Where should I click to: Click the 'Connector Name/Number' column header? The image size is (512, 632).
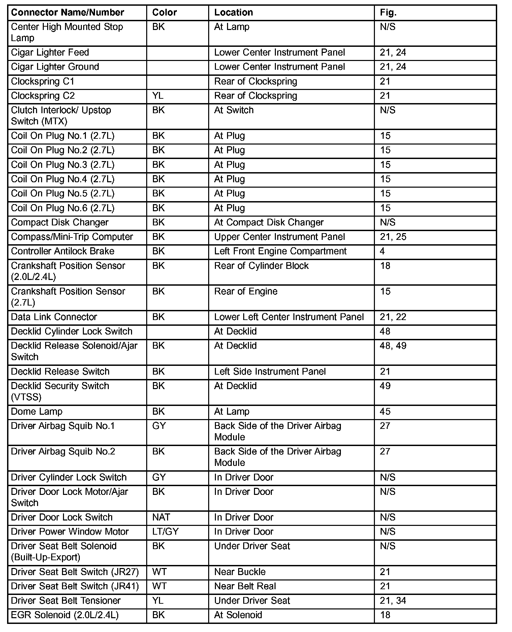pyautogui.click(x=67, y=12)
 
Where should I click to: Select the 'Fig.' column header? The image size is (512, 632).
pyautogui.click(x=388, y=12)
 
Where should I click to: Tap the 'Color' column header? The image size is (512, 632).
pyautogui.click(x=164, y=12)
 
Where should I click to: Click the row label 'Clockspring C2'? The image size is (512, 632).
pyautogui.click(x=43, y=96)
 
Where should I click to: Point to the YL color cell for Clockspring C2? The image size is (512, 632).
pyautogui.click(x=158, y=96)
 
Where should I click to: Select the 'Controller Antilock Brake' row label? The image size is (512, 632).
pyautogui.click(x=63, y=251)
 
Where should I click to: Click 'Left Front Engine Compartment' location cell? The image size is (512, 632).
pyautogui.click(x=280, y=251)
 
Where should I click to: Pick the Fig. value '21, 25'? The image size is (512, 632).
pyautogui.click(x=393, y=237)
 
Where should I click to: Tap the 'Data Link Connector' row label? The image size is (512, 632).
pyautogui.click(x=54, y=317)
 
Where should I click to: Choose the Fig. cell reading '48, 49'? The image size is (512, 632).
pyautogui.click(x=393, y=346)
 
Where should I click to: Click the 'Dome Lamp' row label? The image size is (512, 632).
pyautogui.click(x=37, y=411)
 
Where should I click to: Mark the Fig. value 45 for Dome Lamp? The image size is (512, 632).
pyautogui.click(x=385, y=411)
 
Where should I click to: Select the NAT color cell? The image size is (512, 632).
pyautogui.click(x=161, y=517)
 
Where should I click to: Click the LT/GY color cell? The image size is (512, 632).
pyautogui.click(x=165, y=532)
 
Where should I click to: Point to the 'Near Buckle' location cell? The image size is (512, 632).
pyautogui.click(x=240, y=572)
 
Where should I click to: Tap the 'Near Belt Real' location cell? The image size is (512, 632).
pyautogui.click(x=245, y=586)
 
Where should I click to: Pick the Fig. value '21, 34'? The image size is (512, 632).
pyautogui.click(x=393, y=600)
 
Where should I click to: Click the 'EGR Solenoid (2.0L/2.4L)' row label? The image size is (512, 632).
pyautogui.click(x=65, y=615)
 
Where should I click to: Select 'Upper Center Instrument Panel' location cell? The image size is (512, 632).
pyautogui.click(x=280, y=237)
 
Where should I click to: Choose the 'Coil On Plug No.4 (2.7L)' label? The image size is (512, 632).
pyautogui.click(x=63, y=179)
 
